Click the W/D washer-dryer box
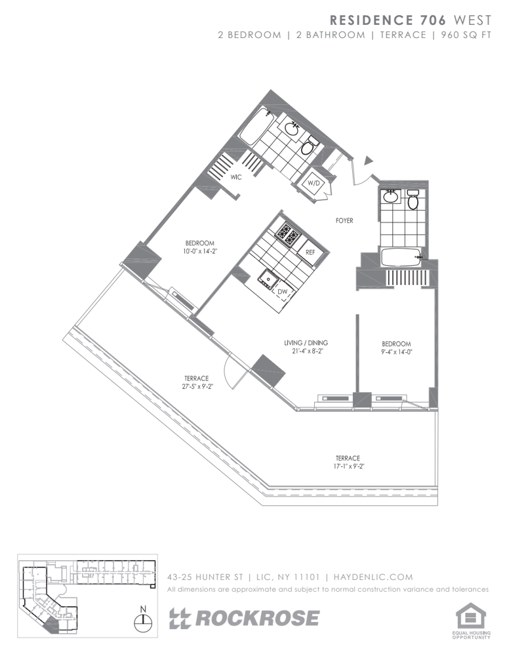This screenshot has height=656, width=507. click(x=314, y=183)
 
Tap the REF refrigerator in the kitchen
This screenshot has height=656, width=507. click(x=310, y=252)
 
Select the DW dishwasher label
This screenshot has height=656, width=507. click(x=283, y=291)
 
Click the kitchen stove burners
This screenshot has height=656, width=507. click(x=288, y=235)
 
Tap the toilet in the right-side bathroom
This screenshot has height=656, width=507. click(x=413, y=199)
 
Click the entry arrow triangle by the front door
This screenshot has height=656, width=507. click(x=368, y=160)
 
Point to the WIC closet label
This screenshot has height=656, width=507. click(x=236, y=177)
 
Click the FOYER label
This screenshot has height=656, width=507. click(x=344, y=220)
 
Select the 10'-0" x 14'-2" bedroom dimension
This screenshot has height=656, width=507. click(x=200, y=251)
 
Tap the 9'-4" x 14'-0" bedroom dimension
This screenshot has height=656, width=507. click(x=397, y=352)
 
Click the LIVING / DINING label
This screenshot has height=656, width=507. click(x=306, y=342)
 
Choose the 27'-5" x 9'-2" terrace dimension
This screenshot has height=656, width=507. click(x=197, y=386)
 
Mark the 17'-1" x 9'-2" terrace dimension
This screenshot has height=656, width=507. click(x=348, y=466)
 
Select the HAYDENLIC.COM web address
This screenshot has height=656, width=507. click(x=373, y=577)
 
